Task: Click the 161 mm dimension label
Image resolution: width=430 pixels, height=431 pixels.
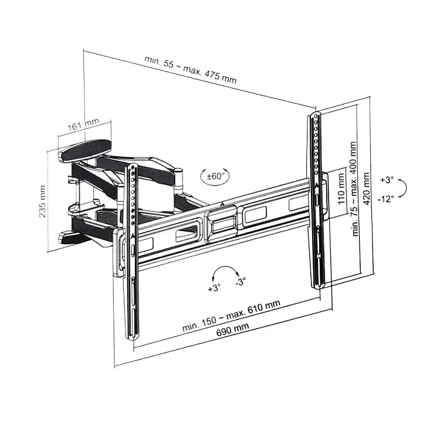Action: [83, 124]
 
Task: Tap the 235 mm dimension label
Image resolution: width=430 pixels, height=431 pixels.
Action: [42, 201]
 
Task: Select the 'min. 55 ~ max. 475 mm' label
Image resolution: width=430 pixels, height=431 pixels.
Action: [190, 69]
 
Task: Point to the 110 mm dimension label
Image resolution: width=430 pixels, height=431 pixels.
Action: [341, 188]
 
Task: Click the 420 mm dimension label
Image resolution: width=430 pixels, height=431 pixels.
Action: [367, 188]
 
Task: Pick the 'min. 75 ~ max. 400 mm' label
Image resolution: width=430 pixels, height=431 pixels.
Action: [354, 189]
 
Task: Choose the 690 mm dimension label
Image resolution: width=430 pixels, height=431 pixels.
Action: [232, 329]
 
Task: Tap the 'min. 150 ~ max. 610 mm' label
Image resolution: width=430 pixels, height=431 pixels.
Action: [231, 316]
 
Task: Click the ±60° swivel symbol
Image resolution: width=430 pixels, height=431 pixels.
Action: [215, 176]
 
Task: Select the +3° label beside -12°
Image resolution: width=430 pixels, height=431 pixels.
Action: [387, 180]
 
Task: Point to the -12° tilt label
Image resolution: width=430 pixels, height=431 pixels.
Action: [386, 198]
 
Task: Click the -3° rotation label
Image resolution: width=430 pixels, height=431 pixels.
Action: [241, 281]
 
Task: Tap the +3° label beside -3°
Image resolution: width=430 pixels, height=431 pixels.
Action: [214, 288]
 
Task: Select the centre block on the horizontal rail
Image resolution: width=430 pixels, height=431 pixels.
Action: [221, 224]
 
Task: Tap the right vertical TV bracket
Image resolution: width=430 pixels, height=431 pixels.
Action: [318, 200]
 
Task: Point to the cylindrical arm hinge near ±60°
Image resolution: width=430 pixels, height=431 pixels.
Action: [178, 180]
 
